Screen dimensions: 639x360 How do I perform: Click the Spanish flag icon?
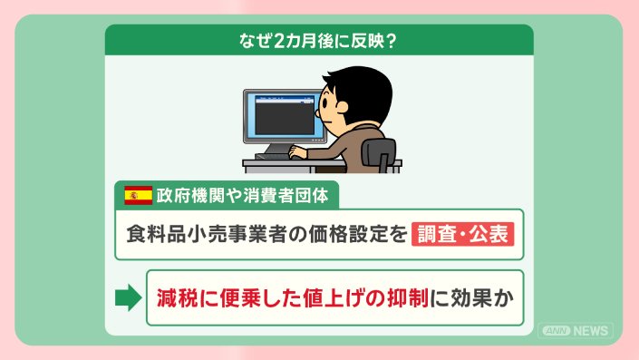coord(139,195)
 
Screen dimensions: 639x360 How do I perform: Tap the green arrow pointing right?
coord(129,297)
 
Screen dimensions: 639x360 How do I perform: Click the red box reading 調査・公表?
coord(462,234)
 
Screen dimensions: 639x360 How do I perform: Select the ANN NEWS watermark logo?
coord(576,331)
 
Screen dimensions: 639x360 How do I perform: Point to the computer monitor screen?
coord(285,116)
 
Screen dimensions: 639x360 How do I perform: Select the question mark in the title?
coord(390,41)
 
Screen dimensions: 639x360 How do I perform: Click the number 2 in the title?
coord(278,41)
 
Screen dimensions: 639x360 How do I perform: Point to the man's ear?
coord(342,107)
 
